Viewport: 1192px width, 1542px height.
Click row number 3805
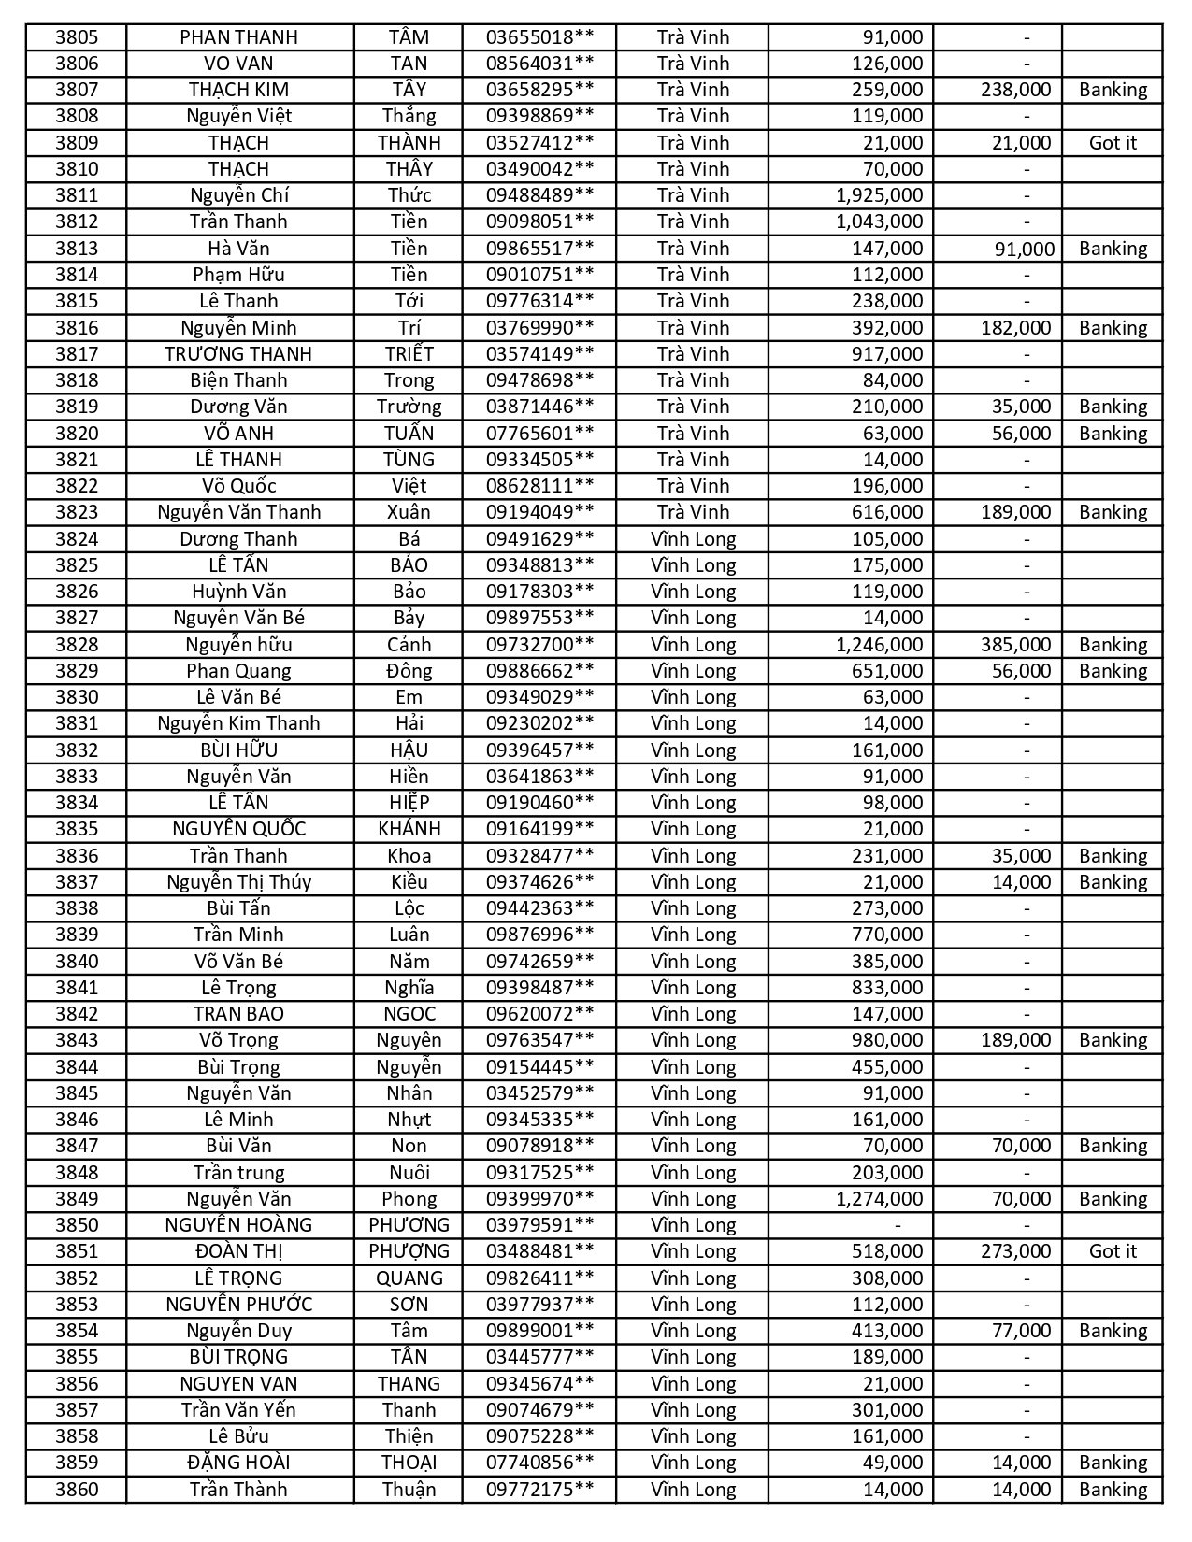pyautogui.click(x=76, y=37)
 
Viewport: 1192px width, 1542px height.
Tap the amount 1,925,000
pyautogui.click(x=879, y=195)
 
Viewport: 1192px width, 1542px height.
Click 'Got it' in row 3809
pyautogui.click(x=1113, y=143)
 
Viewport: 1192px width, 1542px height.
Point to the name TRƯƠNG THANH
pyautogui.click(x=238, y=354)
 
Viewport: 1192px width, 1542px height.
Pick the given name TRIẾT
pyautogui.click(x=409, y=354)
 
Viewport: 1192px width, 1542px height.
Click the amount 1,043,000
pyautogui.click(x=879, y=221)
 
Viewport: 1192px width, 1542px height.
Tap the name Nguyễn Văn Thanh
pyautogui.click(x=238, y=512)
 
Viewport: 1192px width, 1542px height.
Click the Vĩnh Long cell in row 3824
pyautogui.click(x=693, y=539)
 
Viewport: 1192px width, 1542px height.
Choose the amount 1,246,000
pyautogui.click(x=879, y=645)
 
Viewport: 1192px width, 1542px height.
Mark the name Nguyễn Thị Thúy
pyautogui.click(x=238, y=882)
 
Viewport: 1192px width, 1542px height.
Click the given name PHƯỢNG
pyautogui.click(x=409, y=1251)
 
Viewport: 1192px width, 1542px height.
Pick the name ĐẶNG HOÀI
pyautogui.click(x=238, y=1463)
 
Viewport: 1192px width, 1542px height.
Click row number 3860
pyautogui.click(x=76, y=1490)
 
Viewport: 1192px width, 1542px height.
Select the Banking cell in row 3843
pyautogui.click(x=1113, y=1040)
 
